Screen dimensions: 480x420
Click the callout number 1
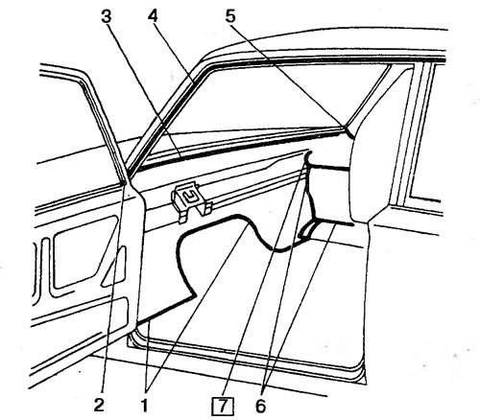point(145,406)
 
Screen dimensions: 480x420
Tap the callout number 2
point(99,406)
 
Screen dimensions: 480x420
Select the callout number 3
point(107,16)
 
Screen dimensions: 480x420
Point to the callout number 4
point(153,15)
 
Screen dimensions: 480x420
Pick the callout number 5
point(230,15)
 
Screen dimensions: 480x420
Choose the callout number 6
point(261,406)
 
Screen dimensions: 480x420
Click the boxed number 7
point(223,407)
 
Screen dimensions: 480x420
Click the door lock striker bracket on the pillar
point(191,201)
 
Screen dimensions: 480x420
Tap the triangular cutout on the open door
point(114,268)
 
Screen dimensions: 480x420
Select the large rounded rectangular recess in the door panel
point(84,252)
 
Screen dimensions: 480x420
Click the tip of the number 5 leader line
point(347,128)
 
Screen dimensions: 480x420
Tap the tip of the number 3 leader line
point(180,156)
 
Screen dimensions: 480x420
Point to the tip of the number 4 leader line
point(192,82)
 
